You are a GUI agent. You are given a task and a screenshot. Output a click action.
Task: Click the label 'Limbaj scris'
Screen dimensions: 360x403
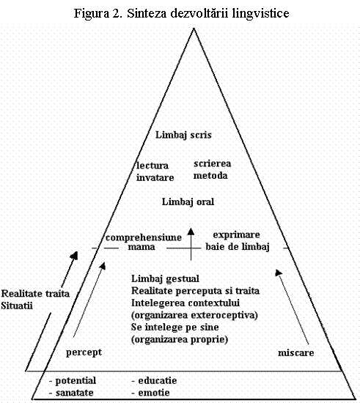click(x=183, y=136)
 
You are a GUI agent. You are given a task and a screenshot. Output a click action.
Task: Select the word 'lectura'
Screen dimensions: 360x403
click(x=153, y=166)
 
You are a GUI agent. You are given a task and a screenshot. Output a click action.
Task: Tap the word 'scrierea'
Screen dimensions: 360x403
click(x=213, y=163)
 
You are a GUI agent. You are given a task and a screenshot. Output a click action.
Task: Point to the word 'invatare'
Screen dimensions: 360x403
click(x=155, y=177)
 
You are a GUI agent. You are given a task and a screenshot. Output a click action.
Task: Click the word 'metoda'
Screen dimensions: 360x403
click(x=210, y=176)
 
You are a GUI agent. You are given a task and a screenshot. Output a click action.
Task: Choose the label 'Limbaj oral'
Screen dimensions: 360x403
click(x=188, y=202)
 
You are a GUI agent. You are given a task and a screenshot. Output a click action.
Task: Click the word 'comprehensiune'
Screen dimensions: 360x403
click(x=144, y=237)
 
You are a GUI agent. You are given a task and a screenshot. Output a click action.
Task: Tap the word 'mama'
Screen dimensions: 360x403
click(x=142, y=247)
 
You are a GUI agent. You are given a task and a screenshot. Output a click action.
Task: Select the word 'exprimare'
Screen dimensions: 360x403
click(x=237, y=235)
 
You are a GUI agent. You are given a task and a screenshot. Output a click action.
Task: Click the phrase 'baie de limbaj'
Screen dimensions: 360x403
click(x=238, y=247)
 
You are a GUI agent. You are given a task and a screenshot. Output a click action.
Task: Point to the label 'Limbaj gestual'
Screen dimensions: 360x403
click(x=166, y=279)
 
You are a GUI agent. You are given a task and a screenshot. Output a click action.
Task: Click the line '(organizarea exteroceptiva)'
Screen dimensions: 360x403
click(x=194, y=315)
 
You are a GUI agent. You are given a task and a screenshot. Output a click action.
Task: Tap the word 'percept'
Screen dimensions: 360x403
click(x=84, y=352)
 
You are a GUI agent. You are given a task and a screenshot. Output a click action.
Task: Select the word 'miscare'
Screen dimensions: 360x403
click(x=296, y=353)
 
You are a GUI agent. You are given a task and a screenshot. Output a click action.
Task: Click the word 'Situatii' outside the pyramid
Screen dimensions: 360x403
click(x=17, y=306)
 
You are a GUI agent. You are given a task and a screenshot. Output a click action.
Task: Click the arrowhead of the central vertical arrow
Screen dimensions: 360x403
click(x=191, y=232)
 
